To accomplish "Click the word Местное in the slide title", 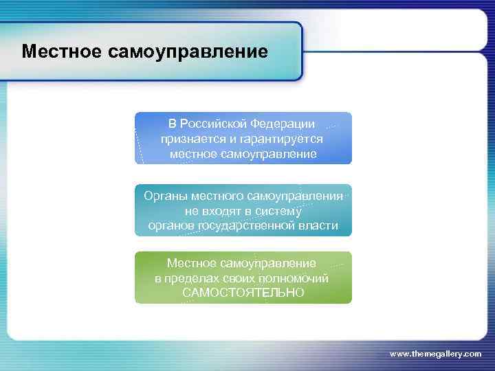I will tap(60, 52).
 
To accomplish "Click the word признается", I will tap(190, 139).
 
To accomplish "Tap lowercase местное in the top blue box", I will tap(194, 154).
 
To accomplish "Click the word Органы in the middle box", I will tap(164, 196).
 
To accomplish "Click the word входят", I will tap(230, 211).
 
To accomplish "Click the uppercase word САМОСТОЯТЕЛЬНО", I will tap(243, 293).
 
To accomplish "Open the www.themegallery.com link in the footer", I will tap(435, 353).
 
